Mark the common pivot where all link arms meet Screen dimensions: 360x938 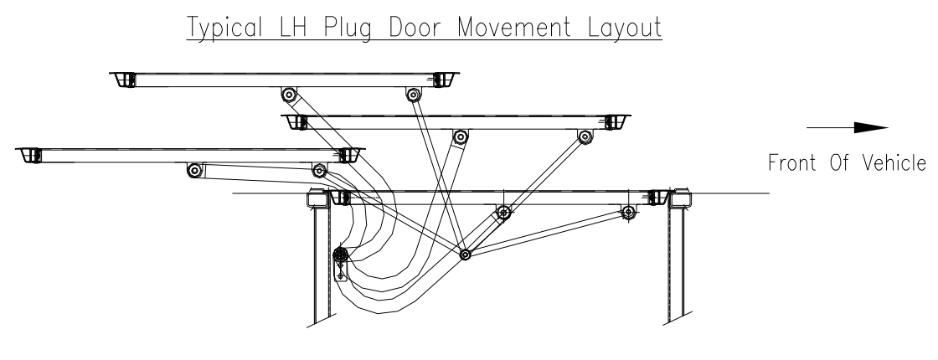pos(465,254)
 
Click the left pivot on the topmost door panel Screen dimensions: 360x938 pos(289,94)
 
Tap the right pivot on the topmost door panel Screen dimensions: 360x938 pos(413,94)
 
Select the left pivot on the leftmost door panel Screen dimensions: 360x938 pos(194,170)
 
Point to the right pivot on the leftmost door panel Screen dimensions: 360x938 pos(319,170)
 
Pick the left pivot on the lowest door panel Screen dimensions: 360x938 pos(502,213)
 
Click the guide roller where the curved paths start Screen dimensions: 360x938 pos(341,255)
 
